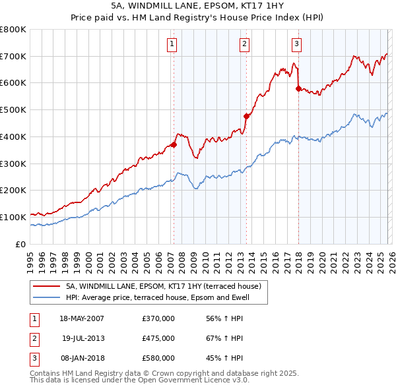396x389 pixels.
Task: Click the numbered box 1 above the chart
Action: pyautogui.click(x=172, y=44)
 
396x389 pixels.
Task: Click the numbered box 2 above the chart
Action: pyautogui.click(x=244, y=44)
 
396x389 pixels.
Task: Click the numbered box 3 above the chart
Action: pyautogui.click(x=296, y=44)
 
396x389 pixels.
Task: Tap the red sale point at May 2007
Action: pyautogui.click(x=174, y=144)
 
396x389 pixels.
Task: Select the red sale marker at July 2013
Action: pyautogui.click(x=246, y=116)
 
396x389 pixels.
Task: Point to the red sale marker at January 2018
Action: pyautogui.click(x=298, y=88)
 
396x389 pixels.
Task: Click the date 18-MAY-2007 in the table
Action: pyautogui.click(x=82, y=318)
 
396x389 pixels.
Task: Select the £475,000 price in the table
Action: pyautogui.click(x=158, y=338)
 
